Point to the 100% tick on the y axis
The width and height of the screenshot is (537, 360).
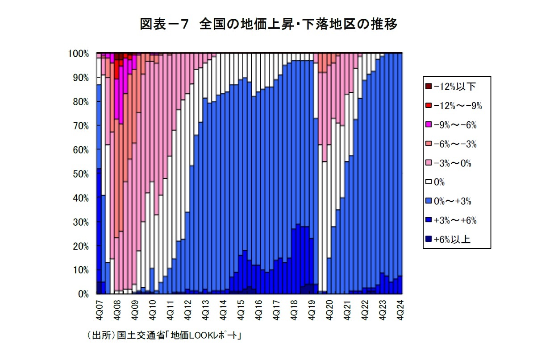point(79,54)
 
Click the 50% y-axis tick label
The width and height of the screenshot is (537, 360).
point(80,174)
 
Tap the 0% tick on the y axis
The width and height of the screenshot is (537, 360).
point(83,294)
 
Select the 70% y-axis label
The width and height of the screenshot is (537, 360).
point(80,126)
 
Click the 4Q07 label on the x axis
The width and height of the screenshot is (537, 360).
point(99,308)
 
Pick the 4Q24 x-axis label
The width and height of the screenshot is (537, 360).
point(400,308)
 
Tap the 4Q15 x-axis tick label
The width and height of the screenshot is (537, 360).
point(241,308)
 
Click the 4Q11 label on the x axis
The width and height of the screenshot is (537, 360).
point(170,308)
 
